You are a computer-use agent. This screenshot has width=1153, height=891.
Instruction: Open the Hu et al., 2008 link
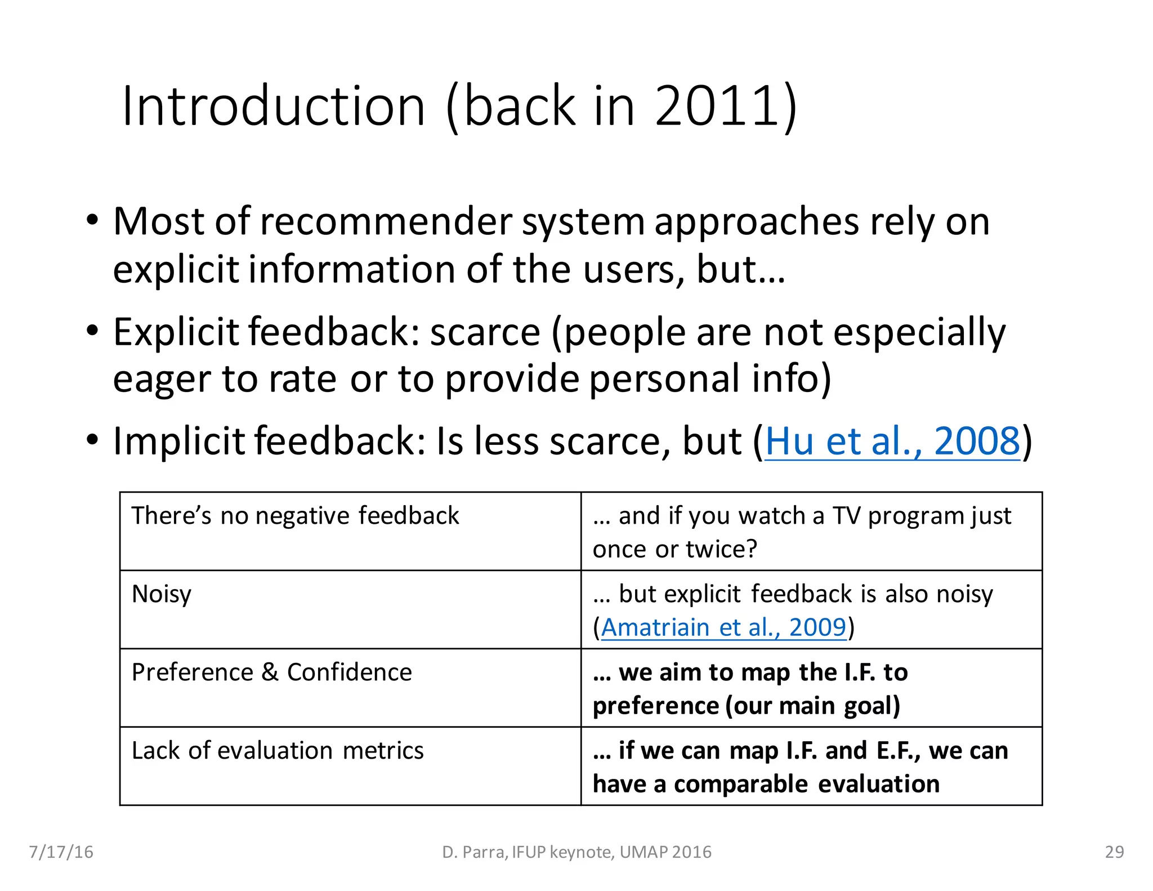(892, 441)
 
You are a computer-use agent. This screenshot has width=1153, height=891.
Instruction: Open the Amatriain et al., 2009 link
(723, 627)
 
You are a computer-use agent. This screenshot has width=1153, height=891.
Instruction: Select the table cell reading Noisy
(162, 594)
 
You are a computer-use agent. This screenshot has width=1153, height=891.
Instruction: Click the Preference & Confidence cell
(271, 672)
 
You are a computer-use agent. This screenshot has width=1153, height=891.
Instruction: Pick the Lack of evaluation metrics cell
(277, 751)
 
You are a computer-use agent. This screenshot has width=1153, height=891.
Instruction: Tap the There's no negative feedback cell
(295, 516)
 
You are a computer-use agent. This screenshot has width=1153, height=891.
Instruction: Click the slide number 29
(1114, 852)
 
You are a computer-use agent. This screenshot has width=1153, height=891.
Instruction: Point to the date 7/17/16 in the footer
(61, 852)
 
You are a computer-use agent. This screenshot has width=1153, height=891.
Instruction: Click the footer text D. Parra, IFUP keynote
(576, 852)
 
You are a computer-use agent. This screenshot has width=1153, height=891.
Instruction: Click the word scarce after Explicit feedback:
(485, 332)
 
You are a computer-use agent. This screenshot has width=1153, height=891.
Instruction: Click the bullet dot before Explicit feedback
(93, 331)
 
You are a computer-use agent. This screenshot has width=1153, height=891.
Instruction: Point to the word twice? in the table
(721, 549)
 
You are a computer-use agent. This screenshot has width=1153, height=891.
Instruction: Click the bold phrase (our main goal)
(813, 706)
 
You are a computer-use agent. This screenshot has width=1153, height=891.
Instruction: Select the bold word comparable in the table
(741, 784)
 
